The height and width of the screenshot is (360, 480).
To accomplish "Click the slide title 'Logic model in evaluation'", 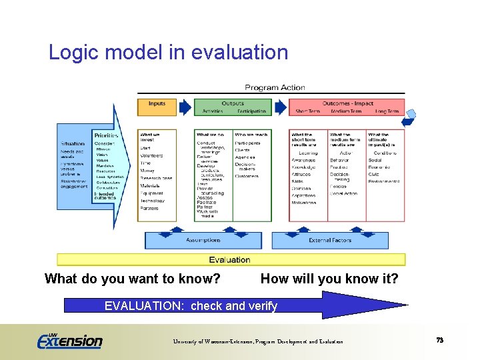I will (168, 52).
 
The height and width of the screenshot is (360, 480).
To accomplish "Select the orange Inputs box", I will (157, 107).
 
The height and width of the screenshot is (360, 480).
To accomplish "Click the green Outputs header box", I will (233, 107).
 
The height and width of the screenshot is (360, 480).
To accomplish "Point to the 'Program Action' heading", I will (275, 87).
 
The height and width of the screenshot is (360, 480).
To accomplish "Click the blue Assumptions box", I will (203, 240).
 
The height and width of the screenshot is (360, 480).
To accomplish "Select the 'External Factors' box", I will (329, 240).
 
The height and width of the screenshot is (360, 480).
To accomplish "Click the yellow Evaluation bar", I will (230, 259).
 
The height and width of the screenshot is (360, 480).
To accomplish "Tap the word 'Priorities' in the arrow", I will (106, 135).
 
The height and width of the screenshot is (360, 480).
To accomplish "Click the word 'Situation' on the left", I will (73, 143).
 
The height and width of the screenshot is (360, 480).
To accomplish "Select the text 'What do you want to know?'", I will (132, 279).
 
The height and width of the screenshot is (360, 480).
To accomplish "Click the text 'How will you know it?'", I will (329, 279).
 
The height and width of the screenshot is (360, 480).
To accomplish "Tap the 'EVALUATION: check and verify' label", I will (191, 306).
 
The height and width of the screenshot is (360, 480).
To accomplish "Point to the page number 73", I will (439, 340).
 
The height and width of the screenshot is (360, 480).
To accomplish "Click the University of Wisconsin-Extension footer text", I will (258, 341).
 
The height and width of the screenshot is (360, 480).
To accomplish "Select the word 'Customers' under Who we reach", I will (246, 176).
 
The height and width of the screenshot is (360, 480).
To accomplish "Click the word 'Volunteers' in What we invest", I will (151, 155).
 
